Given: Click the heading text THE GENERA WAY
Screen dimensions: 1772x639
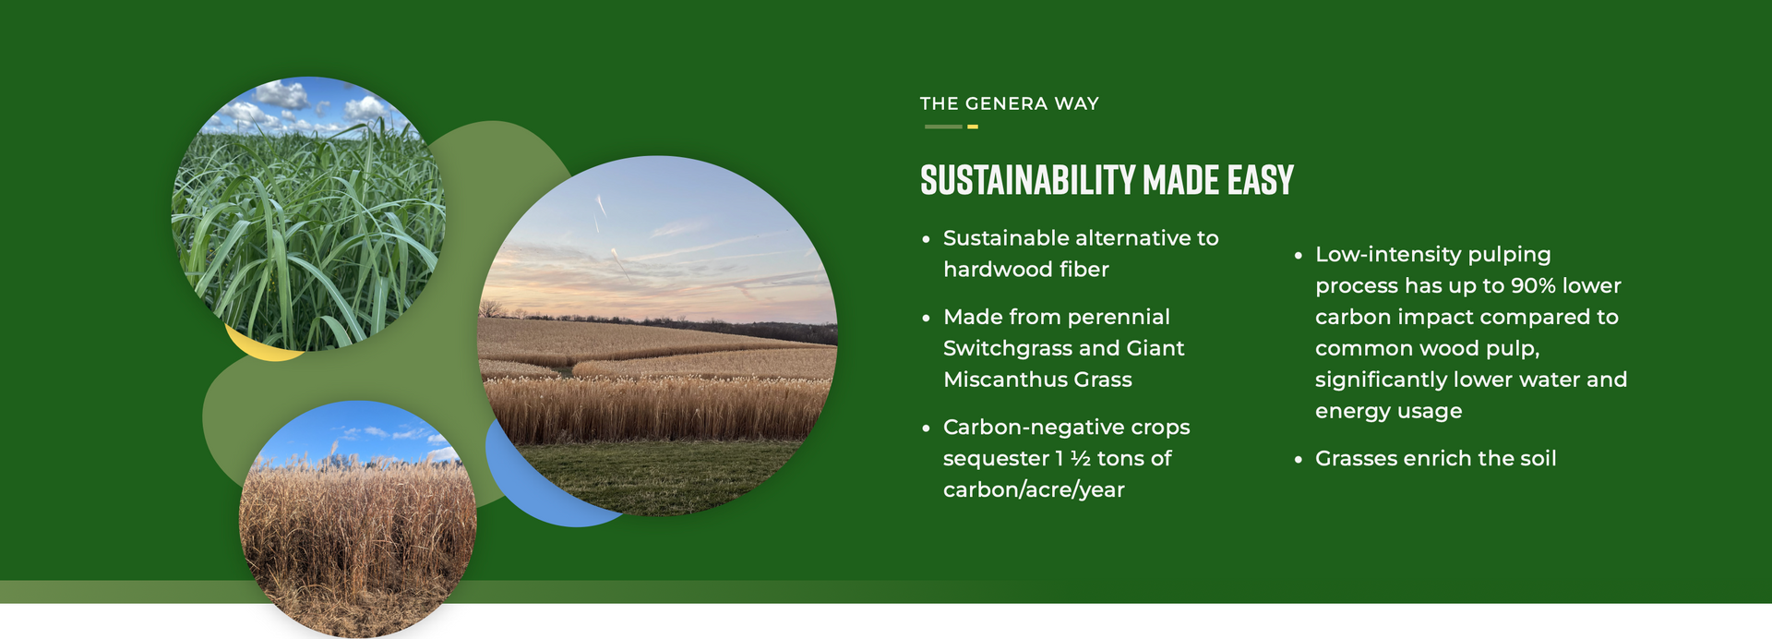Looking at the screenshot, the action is point(1009,103).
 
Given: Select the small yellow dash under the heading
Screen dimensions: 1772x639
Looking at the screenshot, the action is point(972,127).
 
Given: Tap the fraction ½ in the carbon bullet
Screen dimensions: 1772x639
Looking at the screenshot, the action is point(1081,459).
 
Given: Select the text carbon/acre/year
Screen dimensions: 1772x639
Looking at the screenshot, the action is point(1034,490).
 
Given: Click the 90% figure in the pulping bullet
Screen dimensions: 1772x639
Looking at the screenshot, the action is point(1535,286).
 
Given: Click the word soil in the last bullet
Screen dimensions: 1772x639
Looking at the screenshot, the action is point(1535,459).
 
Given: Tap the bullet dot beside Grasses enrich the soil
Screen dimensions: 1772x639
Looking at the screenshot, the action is point(1298,460).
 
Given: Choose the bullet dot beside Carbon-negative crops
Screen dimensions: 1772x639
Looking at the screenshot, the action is point(926,428).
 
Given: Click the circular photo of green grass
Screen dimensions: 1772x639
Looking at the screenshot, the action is point(308,214).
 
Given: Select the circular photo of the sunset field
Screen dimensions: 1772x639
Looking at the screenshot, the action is point(657,336).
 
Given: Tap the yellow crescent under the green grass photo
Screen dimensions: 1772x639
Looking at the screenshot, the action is point(263,347).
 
